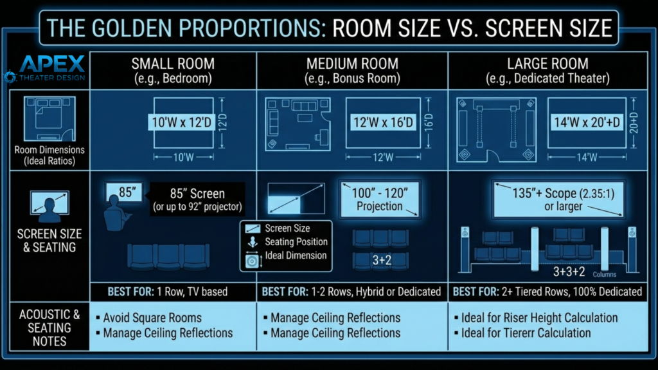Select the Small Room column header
pos(173,71)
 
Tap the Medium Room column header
pos(352,71)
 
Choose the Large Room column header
pos(547,71)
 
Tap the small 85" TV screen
pos(125,192)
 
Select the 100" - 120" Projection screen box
pos(379,199)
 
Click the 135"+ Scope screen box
pos(558,199)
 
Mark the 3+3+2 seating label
pos(569,271)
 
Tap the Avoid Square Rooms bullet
pos(152,317)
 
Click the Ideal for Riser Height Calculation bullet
pos(538,318)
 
